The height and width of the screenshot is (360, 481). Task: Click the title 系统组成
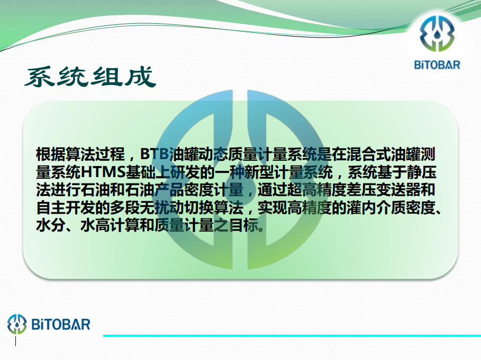[x=90, y=77]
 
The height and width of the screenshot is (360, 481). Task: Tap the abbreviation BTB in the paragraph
[x=155, y=154]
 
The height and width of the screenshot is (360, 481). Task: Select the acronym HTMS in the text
[x=103, y=172]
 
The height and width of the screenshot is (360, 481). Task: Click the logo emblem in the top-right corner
[x=437, y=34]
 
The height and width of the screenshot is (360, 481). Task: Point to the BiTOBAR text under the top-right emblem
[x=437, y=65]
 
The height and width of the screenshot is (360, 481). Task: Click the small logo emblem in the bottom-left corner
[x=17, y=324]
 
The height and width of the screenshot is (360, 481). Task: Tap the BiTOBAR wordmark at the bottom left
[x=61, y=325]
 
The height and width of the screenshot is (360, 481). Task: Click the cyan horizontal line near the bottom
[x=292, y=336]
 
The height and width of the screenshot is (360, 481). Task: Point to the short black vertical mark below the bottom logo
[x=16, y=341]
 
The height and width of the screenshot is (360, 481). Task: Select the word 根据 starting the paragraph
[x=51, y=154]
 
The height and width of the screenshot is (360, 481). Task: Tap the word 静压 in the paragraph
[x=421, y=172]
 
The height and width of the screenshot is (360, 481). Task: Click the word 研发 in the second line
[x=184, y=172]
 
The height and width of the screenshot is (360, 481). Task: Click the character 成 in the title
[x=141, y=77]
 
